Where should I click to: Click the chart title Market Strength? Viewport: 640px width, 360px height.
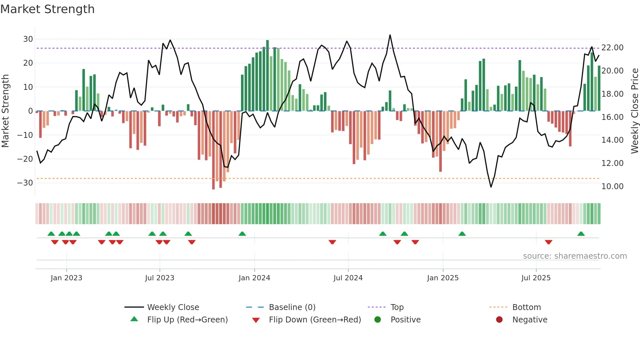pyautogui.click(x=47, y=9)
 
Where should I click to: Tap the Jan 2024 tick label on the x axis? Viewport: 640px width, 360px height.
pyautogui.click(x=254, y=278)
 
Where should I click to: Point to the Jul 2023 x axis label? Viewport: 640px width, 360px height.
pyautogui.click(x=160, y=278)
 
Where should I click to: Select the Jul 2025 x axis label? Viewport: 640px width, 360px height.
pyautogui.click(x=536, y=278)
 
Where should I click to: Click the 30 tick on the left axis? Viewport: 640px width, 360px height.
pyautogui.click(x=28, y=39)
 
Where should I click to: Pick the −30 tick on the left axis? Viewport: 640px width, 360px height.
pyautogui.click(x=25, y=183)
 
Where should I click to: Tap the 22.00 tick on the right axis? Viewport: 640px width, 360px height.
pyautogui.click(x=612, y=48)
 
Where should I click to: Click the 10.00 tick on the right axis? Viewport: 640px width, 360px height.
pyautogui.click(x=612, y=187)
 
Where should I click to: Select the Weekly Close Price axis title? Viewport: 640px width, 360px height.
pyautogui.click(x=634, y=111)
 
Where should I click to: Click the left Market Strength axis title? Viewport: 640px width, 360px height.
pyautogui.click(x=5, y=111)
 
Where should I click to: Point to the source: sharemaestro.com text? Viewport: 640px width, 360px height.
pyautogui.click(x=575, y=256)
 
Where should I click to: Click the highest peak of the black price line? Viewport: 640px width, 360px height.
pyautogui.click(x=390, y=35)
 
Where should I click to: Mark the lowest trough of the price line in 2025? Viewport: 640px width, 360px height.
pyautogui.click(x=491, y=187)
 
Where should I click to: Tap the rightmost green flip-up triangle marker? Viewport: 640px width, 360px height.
pyautogui.click(x=581, y=234)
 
